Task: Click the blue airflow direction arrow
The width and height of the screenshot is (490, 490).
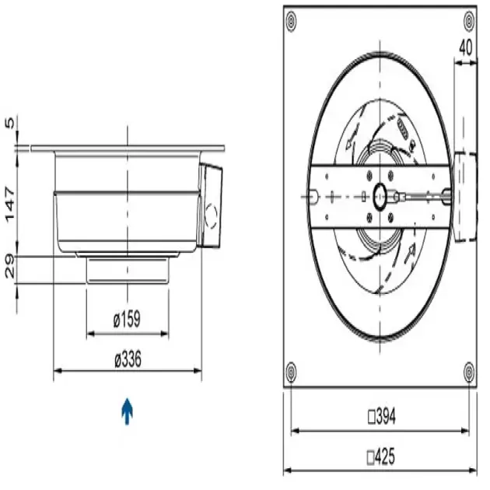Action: (x=126, y=410)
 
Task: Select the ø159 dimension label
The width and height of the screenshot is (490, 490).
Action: (x=126, y=319)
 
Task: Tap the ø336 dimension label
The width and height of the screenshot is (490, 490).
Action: (x=126, y=360)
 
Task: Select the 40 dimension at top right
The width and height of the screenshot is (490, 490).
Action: (x=465, y=47)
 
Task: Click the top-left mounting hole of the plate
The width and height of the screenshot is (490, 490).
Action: (x=291, y=23)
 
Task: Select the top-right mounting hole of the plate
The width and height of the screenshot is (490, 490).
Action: (x=469, y=23)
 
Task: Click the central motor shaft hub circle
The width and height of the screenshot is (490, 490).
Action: (x=382, y=195)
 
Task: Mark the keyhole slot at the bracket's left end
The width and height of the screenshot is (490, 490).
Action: (x=313, y=195)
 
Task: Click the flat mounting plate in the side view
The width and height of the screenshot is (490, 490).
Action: (x=128, y=147)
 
